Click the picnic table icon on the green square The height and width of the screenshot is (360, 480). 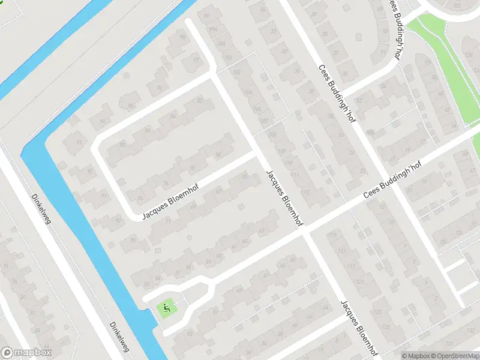[x=167, y=309]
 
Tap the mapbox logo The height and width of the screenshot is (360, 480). [x=26, y=353]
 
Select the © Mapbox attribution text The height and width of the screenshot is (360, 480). [x=416, y=356]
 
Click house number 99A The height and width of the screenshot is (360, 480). [x=212, y=29]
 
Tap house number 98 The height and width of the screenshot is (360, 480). [x=183, y=37]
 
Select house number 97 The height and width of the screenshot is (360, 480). [x=196, y=60]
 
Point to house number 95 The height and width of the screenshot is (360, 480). [x=131, y=107]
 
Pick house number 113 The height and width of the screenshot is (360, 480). [x=305, y=192]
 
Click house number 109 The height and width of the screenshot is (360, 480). [x=282, y=150]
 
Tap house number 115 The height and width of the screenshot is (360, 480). [x=332, y=234]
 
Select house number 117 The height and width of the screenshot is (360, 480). [x=343, y=250]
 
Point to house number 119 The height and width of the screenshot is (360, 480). [x=351, y=265]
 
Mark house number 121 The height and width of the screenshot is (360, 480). [x=359, y=281]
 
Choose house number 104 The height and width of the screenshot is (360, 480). [x=248, y=92]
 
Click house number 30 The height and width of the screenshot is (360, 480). [x=310, y=91]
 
